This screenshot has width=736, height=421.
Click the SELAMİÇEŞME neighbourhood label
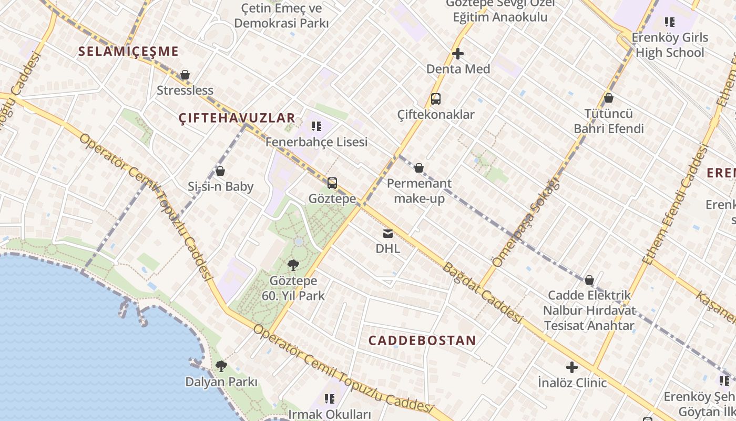pyautogui.click(x=129, y=52)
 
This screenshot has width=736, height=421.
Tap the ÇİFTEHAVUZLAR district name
pyautogui.click(x=237, y=118)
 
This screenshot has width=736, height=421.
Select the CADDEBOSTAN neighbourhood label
pyautogui.click(x=422, y=340)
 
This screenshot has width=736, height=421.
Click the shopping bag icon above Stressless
pyautogui.click(x=185, y=75)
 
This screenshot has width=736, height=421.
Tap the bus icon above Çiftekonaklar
pyautogui.click(x=435, y=99)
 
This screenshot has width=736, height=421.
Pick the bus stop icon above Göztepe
pyautogui.click(x=332, y=183)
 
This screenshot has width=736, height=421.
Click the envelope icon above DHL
pyautogui.click(x=387, y=234)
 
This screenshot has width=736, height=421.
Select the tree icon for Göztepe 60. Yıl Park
pyautogui.click(x=293, y=265)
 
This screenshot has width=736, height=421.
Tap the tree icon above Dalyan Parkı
pyautogui.click(x=221, y=366)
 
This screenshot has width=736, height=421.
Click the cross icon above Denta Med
pyautogui.click(x=458, y=54)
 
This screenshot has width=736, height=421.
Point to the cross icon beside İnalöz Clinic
pyautogui.click(x=572, y=367)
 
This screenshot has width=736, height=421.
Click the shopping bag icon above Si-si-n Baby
pyautogui.click(x=220, y=172)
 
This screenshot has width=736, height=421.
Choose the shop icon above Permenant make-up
pyautogui.click(x=419, y=168)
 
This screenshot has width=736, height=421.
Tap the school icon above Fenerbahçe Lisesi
pyautogui.click(x=316, y=126)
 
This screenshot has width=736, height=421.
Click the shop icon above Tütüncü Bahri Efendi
pyautogui.click(x=609, y=98)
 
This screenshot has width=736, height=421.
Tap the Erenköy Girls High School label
pyautogui.click(x=669, y=45)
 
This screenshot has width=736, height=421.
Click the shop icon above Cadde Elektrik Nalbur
pyautogui.click(x=589, y=280)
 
